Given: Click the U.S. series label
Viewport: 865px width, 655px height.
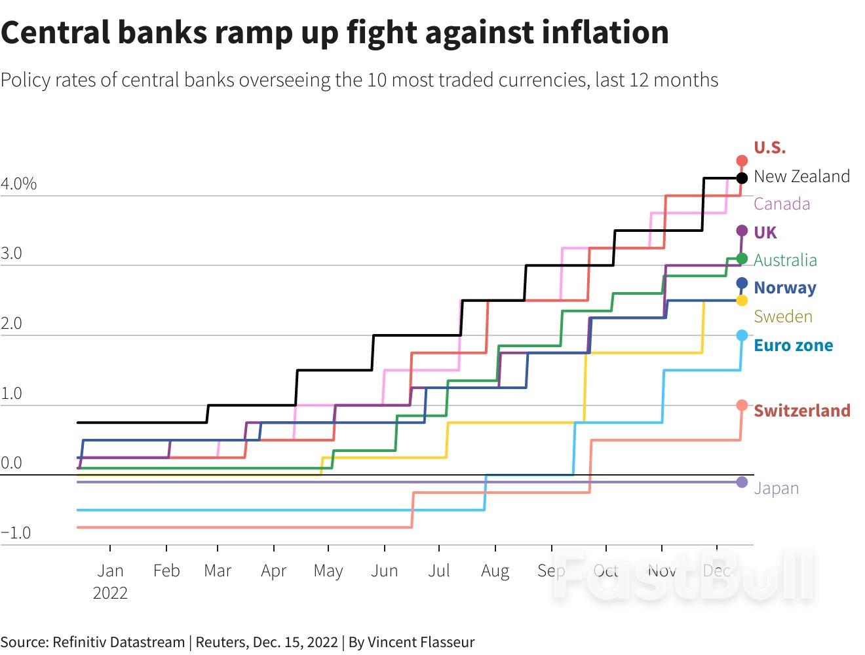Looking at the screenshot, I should [x=769, y=147].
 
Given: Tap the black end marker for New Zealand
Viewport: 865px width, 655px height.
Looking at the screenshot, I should [x=742, y=178].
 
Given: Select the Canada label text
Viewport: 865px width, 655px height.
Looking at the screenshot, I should [x=781, y=204].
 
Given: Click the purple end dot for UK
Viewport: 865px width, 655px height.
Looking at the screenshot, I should [x=742, y=231].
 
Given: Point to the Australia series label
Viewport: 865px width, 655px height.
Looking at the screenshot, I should [x=785, y=260].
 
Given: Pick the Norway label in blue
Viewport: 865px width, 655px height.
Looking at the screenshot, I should [x=785, y=288].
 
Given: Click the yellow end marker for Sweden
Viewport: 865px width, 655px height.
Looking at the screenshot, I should [x=742, y=301].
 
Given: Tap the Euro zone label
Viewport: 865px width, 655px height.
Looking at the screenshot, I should [x=793, y=345].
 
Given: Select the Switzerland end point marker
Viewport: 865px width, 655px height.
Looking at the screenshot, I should [x=742, y=405].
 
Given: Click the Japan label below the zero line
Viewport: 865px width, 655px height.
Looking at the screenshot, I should [x=776, y=488].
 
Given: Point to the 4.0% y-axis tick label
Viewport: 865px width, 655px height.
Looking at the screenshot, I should [x=18, y=183].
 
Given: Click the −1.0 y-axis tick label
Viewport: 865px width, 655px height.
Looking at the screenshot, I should [x=16, y=533].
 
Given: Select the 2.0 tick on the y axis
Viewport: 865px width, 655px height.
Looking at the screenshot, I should [x=11, y=323].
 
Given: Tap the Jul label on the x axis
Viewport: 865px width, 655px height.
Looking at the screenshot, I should [x=438, y=571].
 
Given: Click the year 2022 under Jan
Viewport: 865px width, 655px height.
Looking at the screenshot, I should [x=110, y=593].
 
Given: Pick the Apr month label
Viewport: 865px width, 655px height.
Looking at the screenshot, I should [x=273, y=571].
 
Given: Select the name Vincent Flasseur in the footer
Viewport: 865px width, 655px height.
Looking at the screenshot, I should [x=421, y=642].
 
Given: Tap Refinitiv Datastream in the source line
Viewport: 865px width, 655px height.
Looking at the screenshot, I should [x=119, y=642].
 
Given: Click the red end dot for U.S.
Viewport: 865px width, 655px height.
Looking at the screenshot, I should [x=742, y=160].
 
